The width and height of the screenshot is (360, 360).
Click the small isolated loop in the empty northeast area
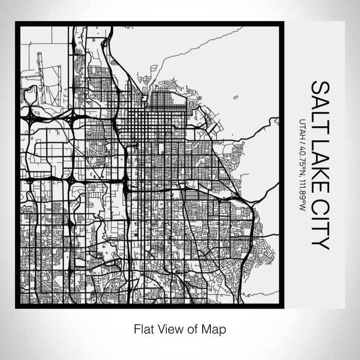point(236,97)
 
